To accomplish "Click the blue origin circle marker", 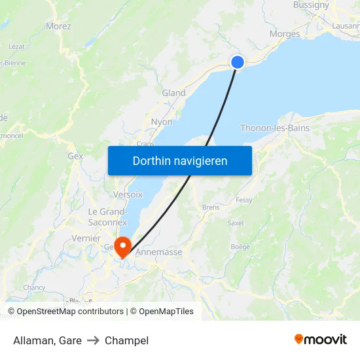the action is [238, 62].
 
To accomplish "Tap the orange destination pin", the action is [122, 245].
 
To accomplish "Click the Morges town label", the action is [285, 34].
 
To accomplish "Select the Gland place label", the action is [173, 93].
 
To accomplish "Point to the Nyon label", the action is [162, 122].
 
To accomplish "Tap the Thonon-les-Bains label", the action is [275, 128].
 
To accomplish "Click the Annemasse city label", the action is [158, 251].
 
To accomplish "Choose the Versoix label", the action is [128, 194].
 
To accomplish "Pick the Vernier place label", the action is [86, 238].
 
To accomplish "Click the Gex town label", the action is [75, 156].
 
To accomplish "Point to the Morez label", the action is [58, 26].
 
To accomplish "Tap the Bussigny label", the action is [312, 5].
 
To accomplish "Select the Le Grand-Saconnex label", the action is [108, 217].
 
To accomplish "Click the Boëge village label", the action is [240, 247].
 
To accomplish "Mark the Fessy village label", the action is [244, 200].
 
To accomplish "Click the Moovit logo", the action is [321, 340].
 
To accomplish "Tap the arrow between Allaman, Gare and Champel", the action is [93, 340].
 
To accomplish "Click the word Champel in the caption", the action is [126, 340].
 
